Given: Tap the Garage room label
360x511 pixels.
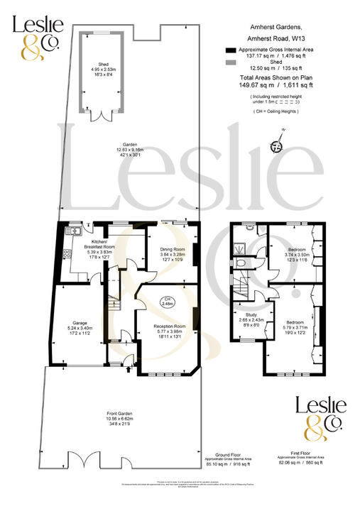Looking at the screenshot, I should [x=79, y=323].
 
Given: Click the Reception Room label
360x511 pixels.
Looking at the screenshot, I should [x=169, y=326].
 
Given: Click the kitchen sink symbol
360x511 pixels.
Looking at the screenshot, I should [x=72, y=231].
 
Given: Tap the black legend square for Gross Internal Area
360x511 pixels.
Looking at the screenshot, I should [x=229, y=51].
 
